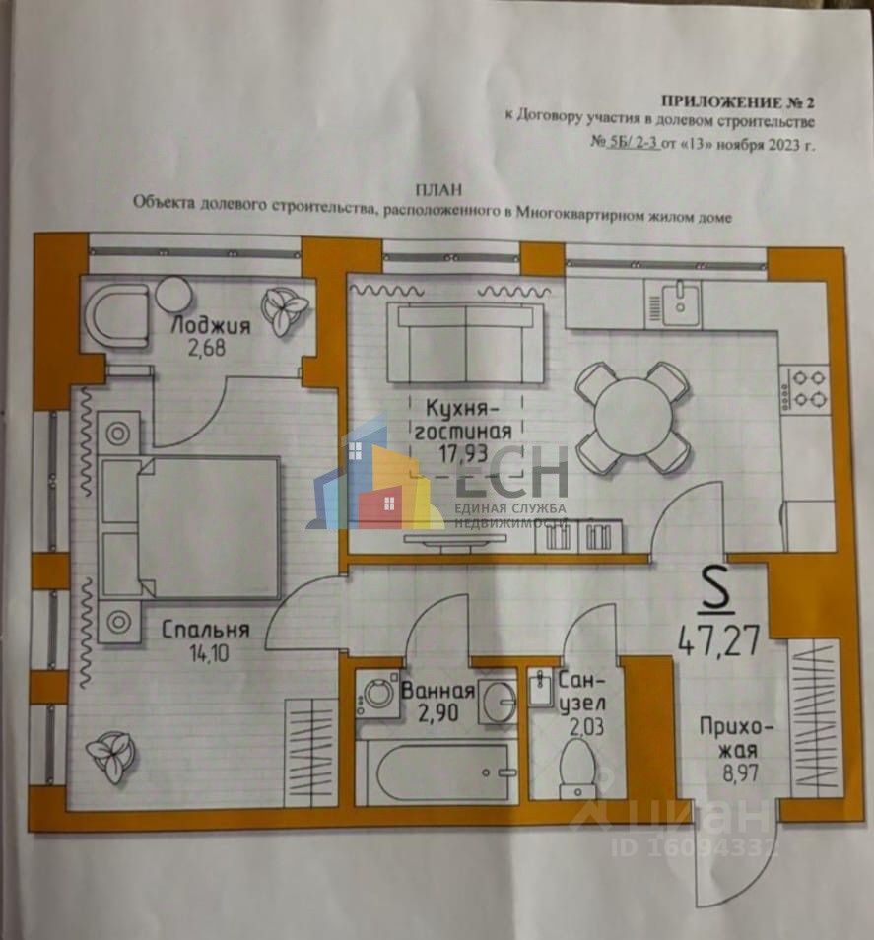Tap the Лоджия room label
click(211, 326)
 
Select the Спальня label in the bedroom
click(207, 629)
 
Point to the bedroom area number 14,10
click(207, 650)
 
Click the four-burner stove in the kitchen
click(804, 388)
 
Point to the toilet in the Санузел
click(574, 769)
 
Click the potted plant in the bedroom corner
click(107, 756)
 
